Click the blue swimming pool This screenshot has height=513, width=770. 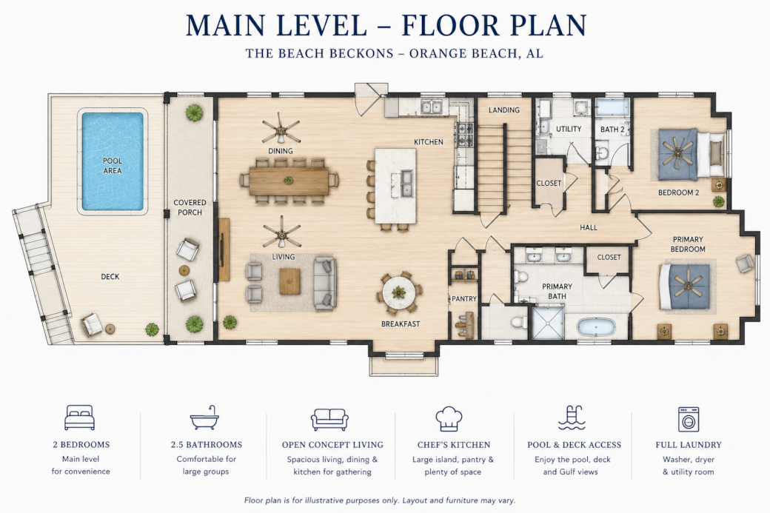(x=113, y=161)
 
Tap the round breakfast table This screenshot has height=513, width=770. (x=399, y=293)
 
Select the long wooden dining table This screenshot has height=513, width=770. (x=289, y=181)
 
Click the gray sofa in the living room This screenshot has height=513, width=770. (x=324, y=283)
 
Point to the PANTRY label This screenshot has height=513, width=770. (x=464, y=298)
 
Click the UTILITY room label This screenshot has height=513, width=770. (x=569, y=129)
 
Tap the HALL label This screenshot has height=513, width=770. (x=589, y=227)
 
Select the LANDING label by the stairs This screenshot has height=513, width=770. (x=504, y=110)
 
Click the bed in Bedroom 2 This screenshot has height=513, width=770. (x=691, y=153)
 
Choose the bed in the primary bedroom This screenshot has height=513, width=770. (x=685, y=286)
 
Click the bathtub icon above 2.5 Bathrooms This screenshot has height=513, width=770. (x=205, y=418)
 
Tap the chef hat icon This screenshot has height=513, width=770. (x=449, y=419)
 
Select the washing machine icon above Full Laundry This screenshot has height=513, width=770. (x=689, y=419)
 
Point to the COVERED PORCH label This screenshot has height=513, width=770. (x=190, y=207)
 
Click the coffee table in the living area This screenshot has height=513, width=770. (x=289, y=281)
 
